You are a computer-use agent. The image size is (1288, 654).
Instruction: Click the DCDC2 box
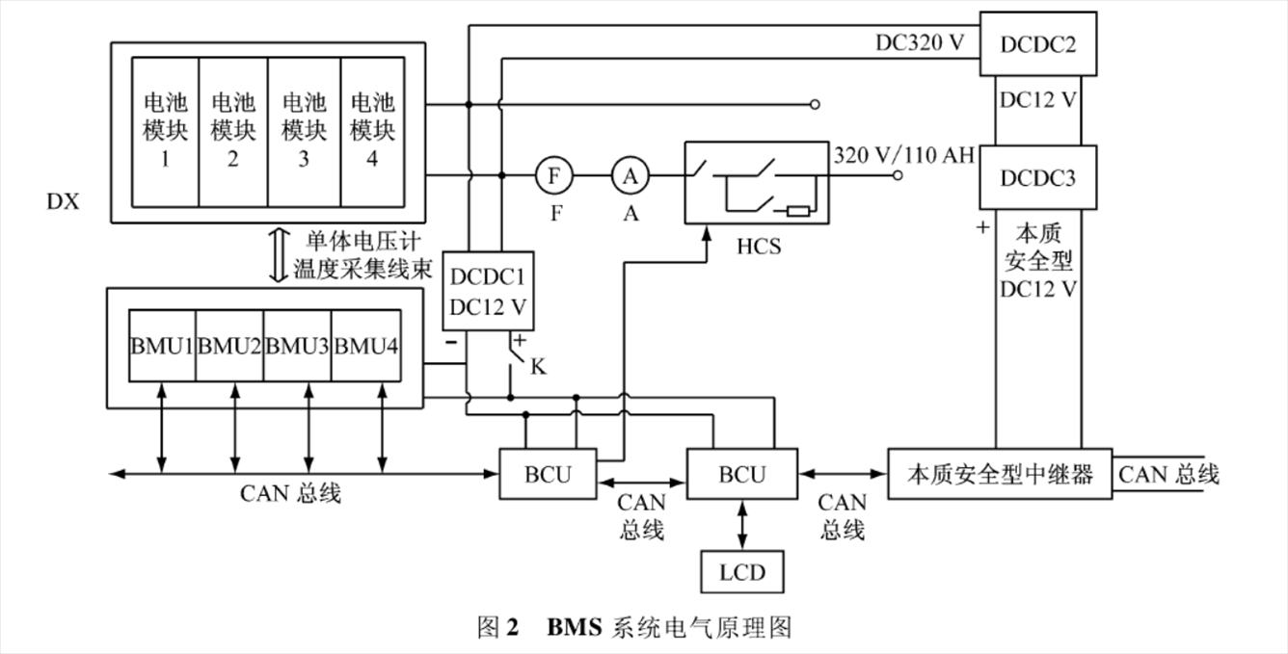pos(1038,43)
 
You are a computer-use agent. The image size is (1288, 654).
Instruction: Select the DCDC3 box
pos(1038,177)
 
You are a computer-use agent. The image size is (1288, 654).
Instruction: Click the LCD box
pos(741,572)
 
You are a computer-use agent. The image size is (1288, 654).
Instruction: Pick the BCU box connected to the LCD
pos(741,473)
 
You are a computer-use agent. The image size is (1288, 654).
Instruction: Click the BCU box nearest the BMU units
pos(548,473)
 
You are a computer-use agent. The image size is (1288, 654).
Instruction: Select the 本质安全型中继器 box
pos(1000,474)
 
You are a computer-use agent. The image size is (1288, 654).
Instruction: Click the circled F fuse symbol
pos(554,176)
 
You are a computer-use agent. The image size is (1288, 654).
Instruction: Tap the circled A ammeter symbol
pos(631,176)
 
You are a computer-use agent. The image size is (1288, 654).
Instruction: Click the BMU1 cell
pos(162,345)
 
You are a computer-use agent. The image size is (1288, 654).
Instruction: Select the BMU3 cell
pos(297,345)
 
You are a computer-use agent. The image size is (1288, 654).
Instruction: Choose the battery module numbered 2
pos(232,131)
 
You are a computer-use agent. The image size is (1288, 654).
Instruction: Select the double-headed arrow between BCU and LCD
pos(741,526)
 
